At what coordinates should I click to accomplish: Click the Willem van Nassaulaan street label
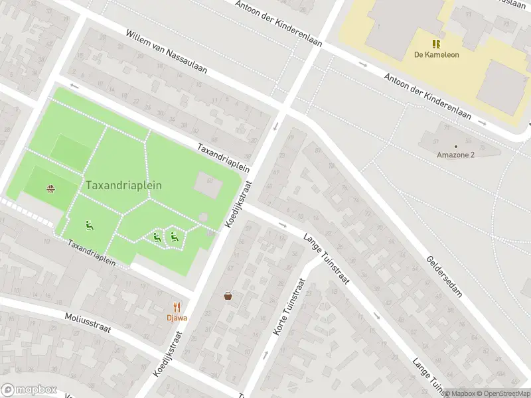coord(167,51)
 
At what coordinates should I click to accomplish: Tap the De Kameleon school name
coord(436,54)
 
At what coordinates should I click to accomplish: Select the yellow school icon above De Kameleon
coord(436,44)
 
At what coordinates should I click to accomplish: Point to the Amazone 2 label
coord(455,155)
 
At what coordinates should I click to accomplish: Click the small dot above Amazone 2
coord(455,146)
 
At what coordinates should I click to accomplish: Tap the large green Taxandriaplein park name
coord(123,186)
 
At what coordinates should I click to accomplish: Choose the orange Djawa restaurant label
coord(177,317)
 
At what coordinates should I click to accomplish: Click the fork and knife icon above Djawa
coord(177,306)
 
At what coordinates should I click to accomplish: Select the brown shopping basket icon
coord(228,296)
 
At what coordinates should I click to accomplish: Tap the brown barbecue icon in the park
coord(50,188)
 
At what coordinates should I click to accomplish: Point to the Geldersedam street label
coord(444,277)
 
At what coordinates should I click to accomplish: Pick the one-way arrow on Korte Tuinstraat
coord(265,355)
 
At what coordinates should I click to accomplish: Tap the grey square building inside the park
coord(208,185)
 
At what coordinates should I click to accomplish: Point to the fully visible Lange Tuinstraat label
coord(326,259)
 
